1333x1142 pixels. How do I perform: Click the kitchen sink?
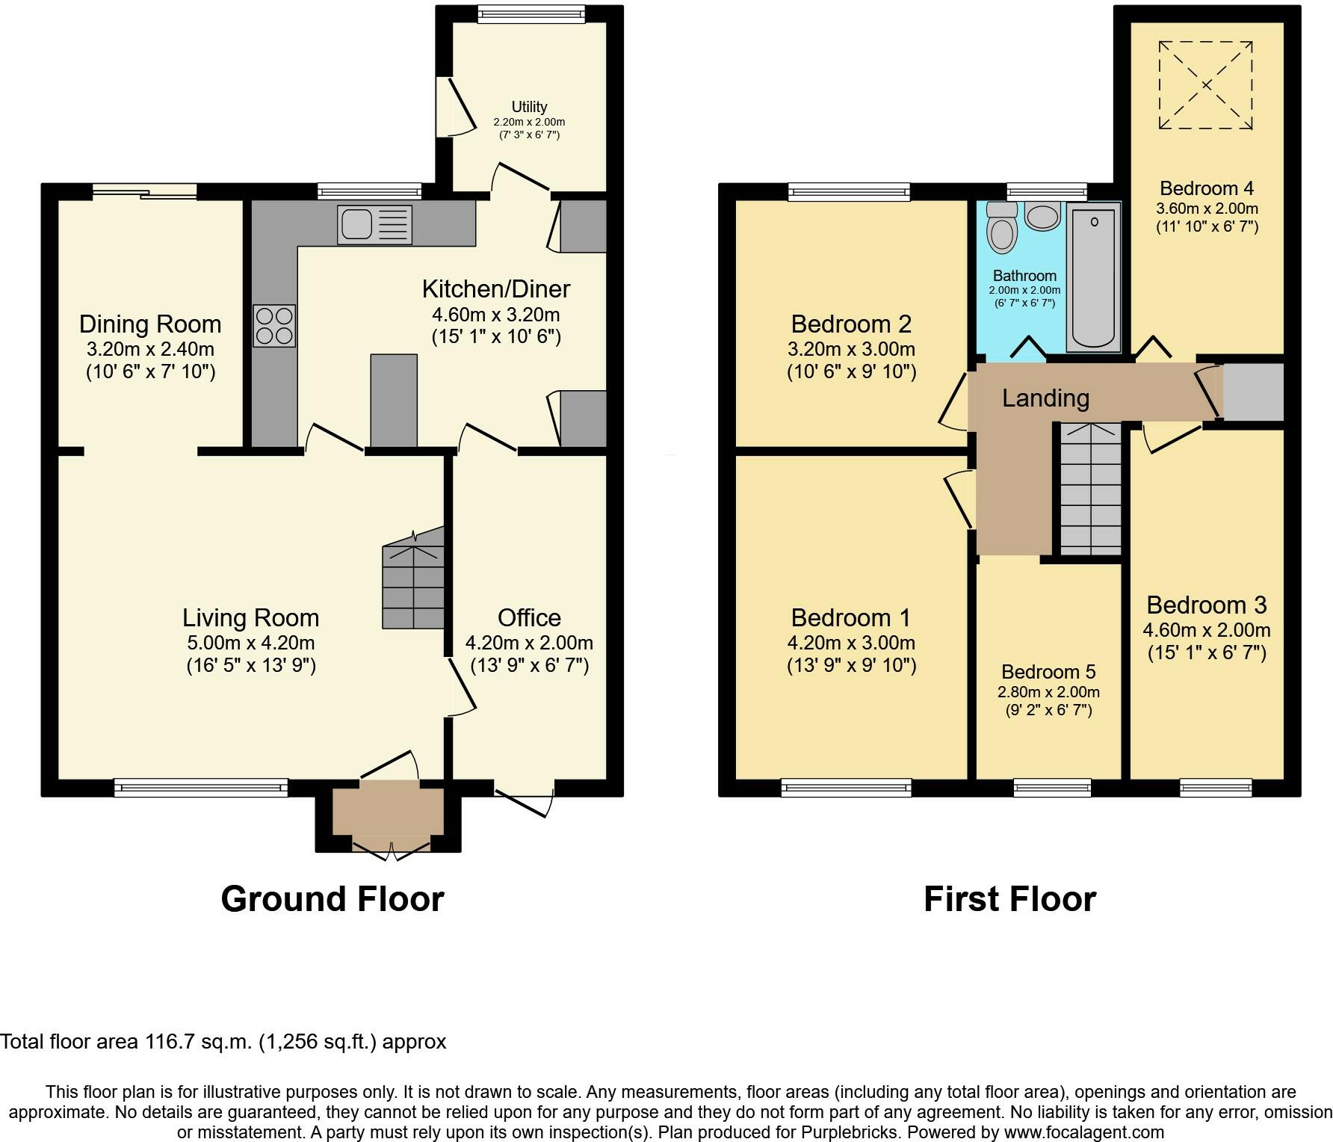pyautogui.click(x=374, y=224)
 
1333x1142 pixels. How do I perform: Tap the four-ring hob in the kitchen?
pyautogui.click(x=274, y=326)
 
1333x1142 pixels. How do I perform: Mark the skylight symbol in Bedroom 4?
pyautogui.click(x=1206, y=85)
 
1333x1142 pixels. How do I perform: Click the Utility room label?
pyautogui.click(x=529, y=107)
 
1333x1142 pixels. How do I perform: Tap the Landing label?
pyautogui.click(x=1045, y=398)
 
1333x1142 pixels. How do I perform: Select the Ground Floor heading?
pyautogui.click(x=333, y=898)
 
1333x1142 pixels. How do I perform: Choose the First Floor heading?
pyautogui.click(x=1009, y=898)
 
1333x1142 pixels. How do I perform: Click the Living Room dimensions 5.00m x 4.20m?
pyautogui.click(x=251, y=643)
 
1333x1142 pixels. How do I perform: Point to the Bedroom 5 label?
pyautogui.click(x=1048, y=671)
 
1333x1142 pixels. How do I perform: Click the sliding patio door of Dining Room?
pyautogui.click(x=145, y=191)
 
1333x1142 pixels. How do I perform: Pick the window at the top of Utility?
pyautogui.click(x=531, y=13)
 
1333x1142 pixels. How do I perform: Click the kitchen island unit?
pyautogui.click(x=394, y=401)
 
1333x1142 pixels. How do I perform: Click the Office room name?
pyautogui.click(x=529, y=617)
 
